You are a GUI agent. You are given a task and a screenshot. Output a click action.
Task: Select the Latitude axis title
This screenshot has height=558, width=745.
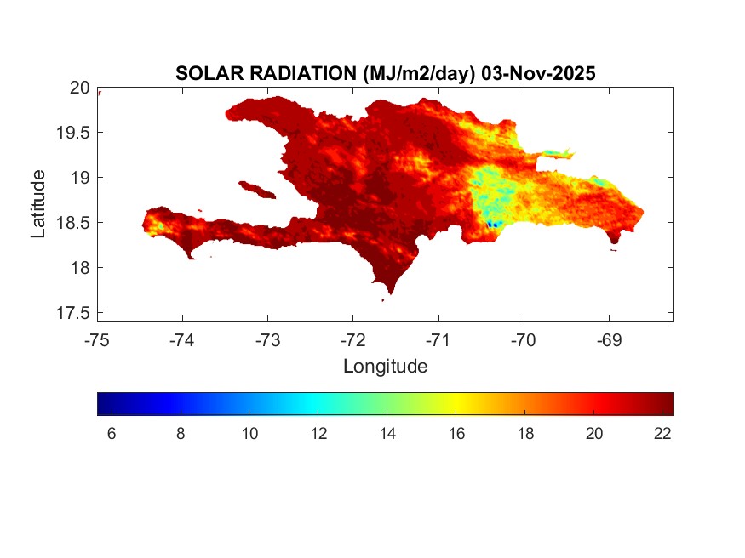38,202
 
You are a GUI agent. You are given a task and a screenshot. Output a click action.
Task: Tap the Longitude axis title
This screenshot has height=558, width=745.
385,367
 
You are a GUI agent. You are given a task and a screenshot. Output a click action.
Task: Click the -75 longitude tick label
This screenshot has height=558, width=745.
97,340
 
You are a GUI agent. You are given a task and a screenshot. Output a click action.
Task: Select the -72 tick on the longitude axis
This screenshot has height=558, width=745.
352,340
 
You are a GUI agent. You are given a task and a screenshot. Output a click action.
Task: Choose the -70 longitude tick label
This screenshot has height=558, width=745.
523,340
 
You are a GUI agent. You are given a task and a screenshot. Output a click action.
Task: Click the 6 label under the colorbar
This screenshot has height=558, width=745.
112,434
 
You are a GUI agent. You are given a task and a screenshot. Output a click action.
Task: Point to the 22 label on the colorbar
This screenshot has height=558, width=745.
663,434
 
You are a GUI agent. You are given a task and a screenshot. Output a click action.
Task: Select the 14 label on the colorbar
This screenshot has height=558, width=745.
387,434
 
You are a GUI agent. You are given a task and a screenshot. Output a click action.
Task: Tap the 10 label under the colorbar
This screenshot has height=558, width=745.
249,434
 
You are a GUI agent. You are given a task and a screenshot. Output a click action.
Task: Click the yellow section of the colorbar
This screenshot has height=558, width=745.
456,403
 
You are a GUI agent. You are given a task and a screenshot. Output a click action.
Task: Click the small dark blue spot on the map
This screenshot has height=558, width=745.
492,224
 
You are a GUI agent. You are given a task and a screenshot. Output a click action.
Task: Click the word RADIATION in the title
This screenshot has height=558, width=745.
297,74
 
